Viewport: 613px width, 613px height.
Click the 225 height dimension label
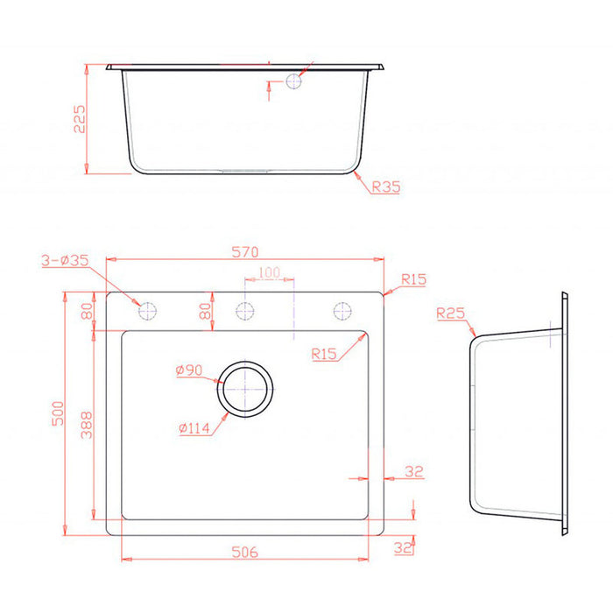pos(78,119)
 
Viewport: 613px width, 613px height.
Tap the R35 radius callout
pos(385,187)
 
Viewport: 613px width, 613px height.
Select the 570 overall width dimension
pos(245,252)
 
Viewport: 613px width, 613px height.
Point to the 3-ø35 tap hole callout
pos(66,260)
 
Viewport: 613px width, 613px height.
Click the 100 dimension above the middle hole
pos(269,273)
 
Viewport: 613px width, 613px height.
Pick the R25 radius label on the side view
pos(449,313)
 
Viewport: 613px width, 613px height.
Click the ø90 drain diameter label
pos(189,371)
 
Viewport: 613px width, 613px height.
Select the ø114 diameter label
pos(192,428)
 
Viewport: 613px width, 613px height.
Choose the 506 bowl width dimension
pos(245,553)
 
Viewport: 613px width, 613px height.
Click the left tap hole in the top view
pos(148,311)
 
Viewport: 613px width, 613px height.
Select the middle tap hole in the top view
pos(245,311)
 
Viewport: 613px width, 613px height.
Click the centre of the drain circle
pos(246,387)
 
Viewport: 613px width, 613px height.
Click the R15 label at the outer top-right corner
pos(413,280)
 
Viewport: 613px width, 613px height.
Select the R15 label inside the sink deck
pos(324,354)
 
